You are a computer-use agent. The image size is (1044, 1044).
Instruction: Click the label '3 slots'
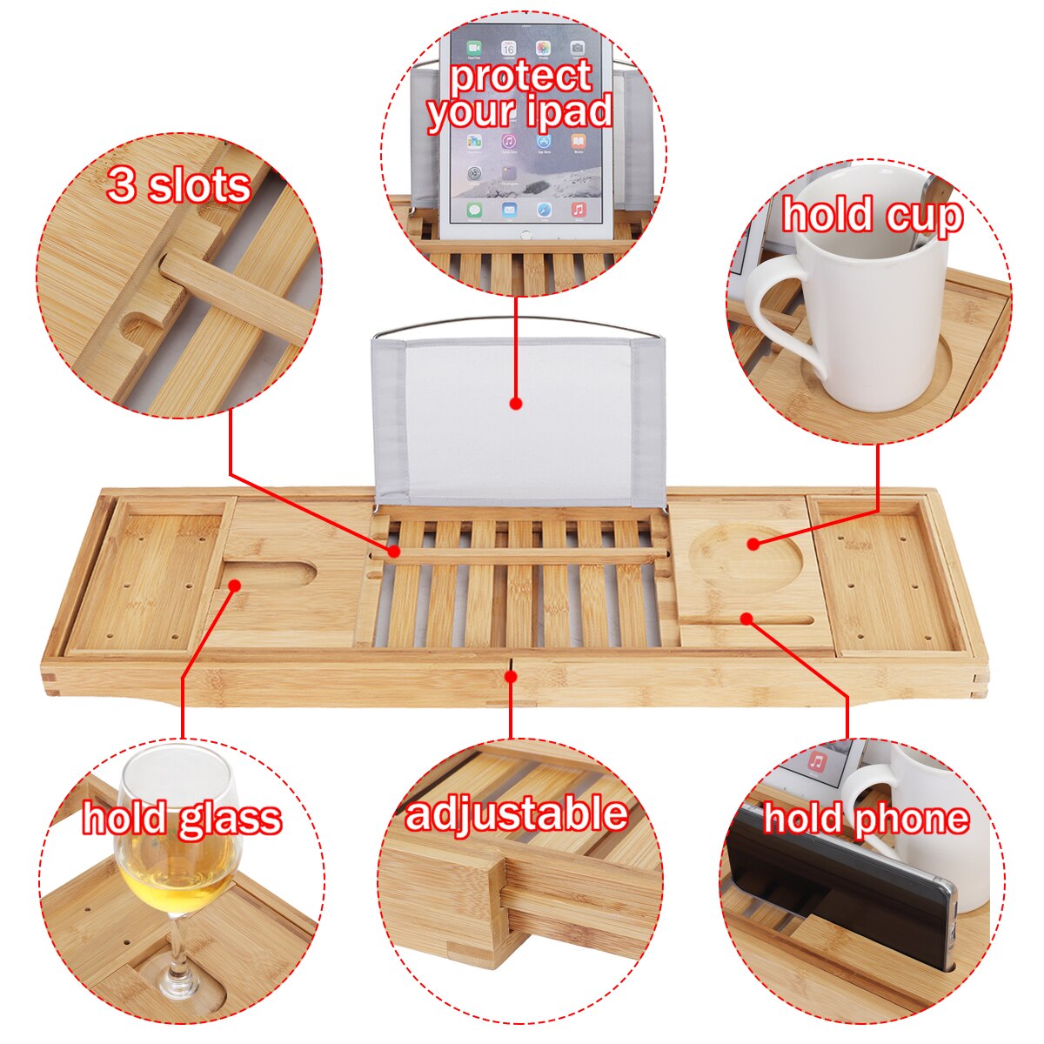coord(178,185)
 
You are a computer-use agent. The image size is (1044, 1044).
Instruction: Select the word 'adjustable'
coord(516,814)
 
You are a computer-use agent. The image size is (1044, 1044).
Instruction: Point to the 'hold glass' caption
coord(182,818)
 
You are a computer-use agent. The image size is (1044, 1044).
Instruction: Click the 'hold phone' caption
coord(866,818)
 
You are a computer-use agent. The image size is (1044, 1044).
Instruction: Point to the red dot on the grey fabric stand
coord(516,404)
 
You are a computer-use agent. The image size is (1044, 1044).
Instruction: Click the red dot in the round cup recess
coord(753,544)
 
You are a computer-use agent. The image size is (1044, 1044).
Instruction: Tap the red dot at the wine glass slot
coord(233,586)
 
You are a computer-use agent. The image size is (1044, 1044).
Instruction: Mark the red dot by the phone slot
coord(746,618)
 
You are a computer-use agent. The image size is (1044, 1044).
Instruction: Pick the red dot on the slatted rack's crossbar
coord(394,551)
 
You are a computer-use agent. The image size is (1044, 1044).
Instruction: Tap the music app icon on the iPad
coord(579,209)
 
